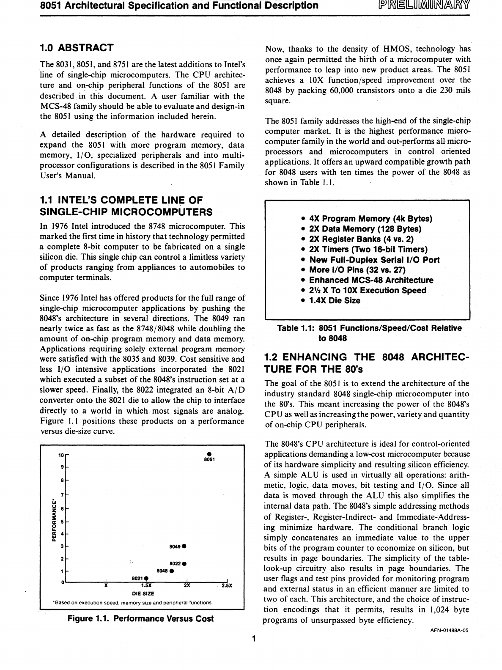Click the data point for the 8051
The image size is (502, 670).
[x=209, y=455]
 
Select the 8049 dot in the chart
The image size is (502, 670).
[x=185, y=546]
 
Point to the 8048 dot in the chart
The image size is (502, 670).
[x=172, y=571]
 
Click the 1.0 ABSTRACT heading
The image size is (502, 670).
[x=76, y=47]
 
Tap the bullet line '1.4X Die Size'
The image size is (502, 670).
[x=335, y=301]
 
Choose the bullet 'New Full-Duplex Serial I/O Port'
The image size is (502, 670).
[x=374, y=260]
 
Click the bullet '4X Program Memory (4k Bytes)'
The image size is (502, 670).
[x=370, y=219]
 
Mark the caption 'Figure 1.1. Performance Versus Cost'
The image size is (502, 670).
[x=141, y=619]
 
